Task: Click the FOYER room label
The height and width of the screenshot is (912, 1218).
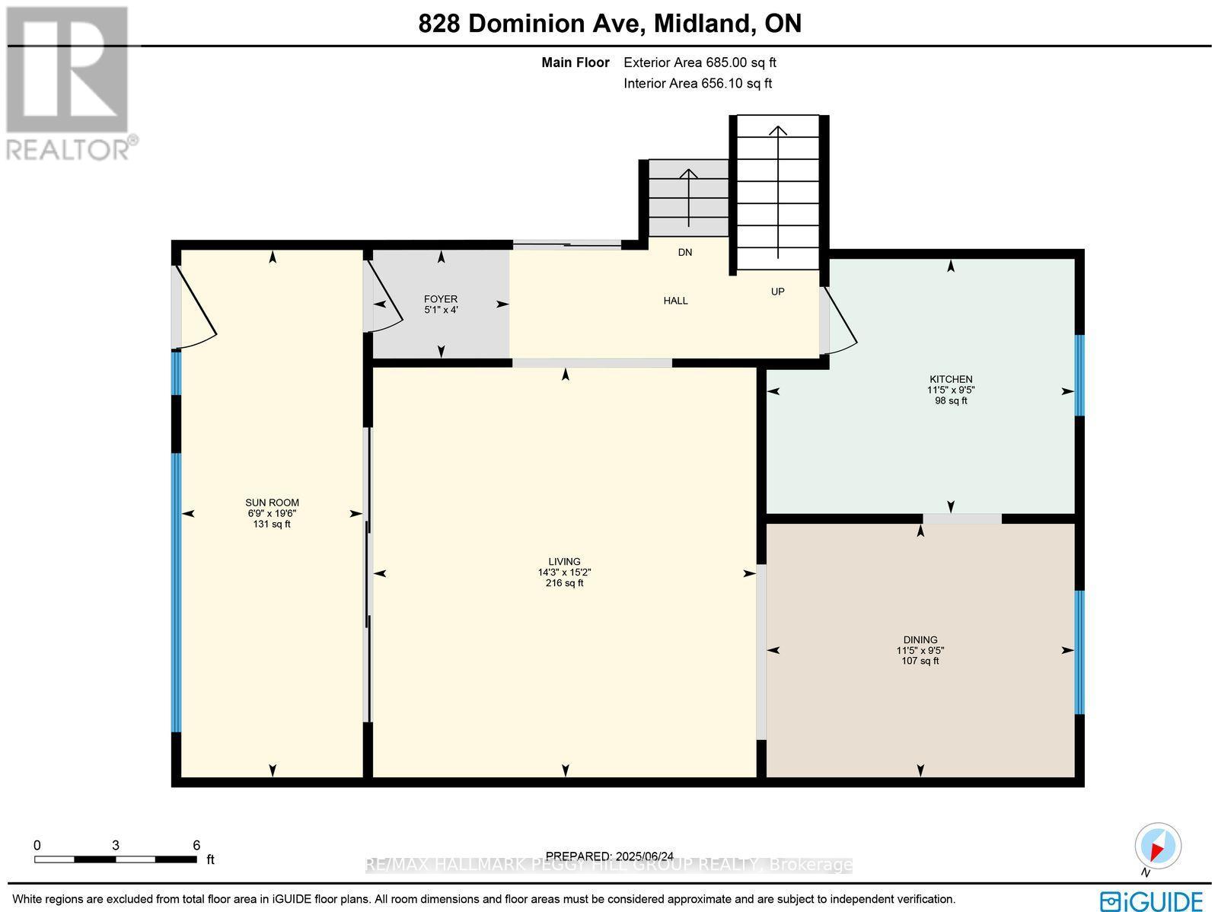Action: (x=441, y=299)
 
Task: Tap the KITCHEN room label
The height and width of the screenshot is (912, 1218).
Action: (x=951, y=379)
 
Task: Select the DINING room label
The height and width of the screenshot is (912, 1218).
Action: (x=920, y=640)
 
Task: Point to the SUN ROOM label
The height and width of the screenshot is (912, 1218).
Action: (x=272, y=502)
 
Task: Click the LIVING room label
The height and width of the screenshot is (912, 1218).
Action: (x=564, y=562)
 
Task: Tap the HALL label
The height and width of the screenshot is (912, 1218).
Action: (x=675, y=301)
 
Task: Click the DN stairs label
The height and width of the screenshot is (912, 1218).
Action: (x=685, y=252)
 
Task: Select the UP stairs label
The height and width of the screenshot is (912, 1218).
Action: (x=777, y=292)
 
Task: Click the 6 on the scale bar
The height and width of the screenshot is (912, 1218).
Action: (x=196, y=845)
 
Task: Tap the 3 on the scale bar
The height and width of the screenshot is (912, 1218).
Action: (x=115, y=845)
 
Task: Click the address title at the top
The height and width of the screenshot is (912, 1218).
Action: (x=610, y=24)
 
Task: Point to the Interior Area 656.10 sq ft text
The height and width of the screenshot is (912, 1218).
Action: (x=697, y=84)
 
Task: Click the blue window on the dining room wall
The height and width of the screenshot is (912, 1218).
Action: (x=1079, y=652)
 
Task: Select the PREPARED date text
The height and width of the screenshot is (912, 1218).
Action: (x=609, y=856)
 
